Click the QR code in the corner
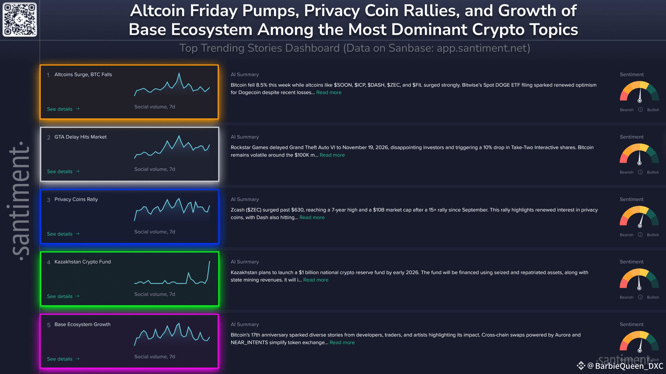(x=20, y=19)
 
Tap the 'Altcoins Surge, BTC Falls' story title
(x=83, y=74)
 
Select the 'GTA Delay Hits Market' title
(x=80, y=137)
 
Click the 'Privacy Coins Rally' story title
(x=76, y=199)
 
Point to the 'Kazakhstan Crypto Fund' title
(x=83, y=262)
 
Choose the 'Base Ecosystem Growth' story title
(x=82, y=324)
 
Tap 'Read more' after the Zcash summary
(x=312, y=217)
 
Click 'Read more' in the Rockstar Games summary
(x=332, y=155)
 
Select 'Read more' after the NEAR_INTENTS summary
(x=342, y=342)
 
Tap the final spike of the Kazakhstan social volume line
(x=209, y=262)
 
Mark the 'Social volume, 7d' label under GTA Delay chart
(x=155, y=169)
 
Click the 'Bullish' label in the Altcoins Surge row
(x=653, y=110)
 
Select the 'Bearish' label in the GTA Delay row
(x=626, y=172)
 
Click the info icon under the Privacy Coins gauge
(x=640, y=235)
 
